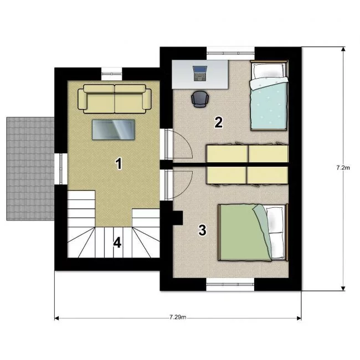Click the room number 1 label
[x=119, y=163]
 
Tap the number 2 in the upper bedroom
[x=219, y=122]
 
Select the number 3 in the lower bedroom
[x=202, y=230]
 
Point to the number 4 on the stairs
[x=117, y=243]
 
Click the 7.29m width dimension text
[x=178, y=317]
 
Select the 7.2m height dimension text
[x=343, y=168]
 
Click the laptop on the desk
[x=200, y=74]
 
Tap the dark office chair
[x=200, y=99]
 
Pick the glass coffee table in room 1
[x=114, y=130]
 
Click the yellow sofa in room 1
[x=115, y=99]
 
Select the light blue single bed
[x=269, y=96]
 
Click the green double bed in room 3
[x=253, y=233]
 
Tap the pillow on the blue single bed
[x=269, y=70]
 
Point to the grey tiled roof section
[x=30, y=169]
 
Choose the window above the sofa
[x=111, y=74]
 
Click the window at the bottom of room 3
[x=230, y=285]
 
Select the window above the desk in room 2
[x=231, y=53]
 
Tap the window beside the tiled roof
[x=61, y=169]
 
